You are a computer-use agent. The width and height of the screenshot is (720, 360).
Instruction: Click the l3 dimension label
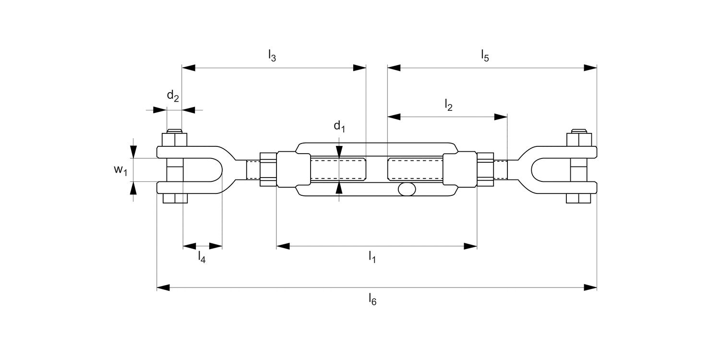(x=272, y=55)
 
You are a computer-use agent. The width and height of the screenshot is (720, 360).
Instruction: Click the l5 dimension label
(x=485, y=55)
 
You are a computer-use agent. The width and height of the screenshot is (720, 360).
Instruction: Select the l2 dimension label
(x=448, y=104)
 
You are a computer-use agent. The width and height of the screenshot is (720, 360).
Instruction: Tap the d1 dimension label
(x=339, y=127)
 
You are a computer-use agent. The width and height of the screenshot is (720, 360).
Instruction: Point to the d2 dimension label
(x=173, y=96)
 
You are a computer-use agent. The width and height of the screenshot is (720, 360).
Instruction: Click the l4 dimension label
(x=202, y=257)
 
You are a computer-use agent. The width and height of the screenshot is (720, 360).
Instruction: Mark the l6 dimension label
(x=372, y=299)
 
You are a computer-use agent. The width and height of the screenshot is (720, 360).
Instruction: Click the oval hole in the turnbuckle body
(x=407, y=190)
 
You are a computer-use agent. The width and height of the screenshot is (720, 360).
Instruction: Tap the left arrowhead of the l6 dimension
(x=164, y=288)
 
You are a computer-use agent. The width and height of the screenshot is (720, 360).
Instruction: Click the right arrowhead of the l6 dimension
(x=590, y=288)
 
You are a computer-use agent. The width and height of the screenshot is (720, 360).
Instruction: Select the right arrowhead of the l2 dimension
(x=501, y=117)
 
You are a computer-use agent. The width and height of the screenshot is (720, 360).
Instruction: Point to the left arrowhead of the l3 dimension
(x=189, y=68)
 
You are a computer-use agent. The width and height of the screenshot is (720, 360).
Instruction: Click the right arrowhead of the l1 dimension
(x=470, y=246)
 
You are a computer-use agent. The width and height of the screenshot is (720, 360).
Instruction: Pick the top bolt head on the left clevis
(x=174, y=140)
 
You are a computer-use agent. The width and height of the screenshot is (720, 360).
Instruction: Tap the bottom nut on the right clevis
(x=578, y=198)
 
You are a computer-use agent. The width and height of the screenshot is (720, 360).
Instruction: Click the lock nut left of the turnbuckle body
(x=268, y=169)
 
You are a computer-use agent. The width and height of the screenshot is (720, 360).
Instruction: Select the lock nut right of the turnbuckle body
(x=485, y=169)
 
